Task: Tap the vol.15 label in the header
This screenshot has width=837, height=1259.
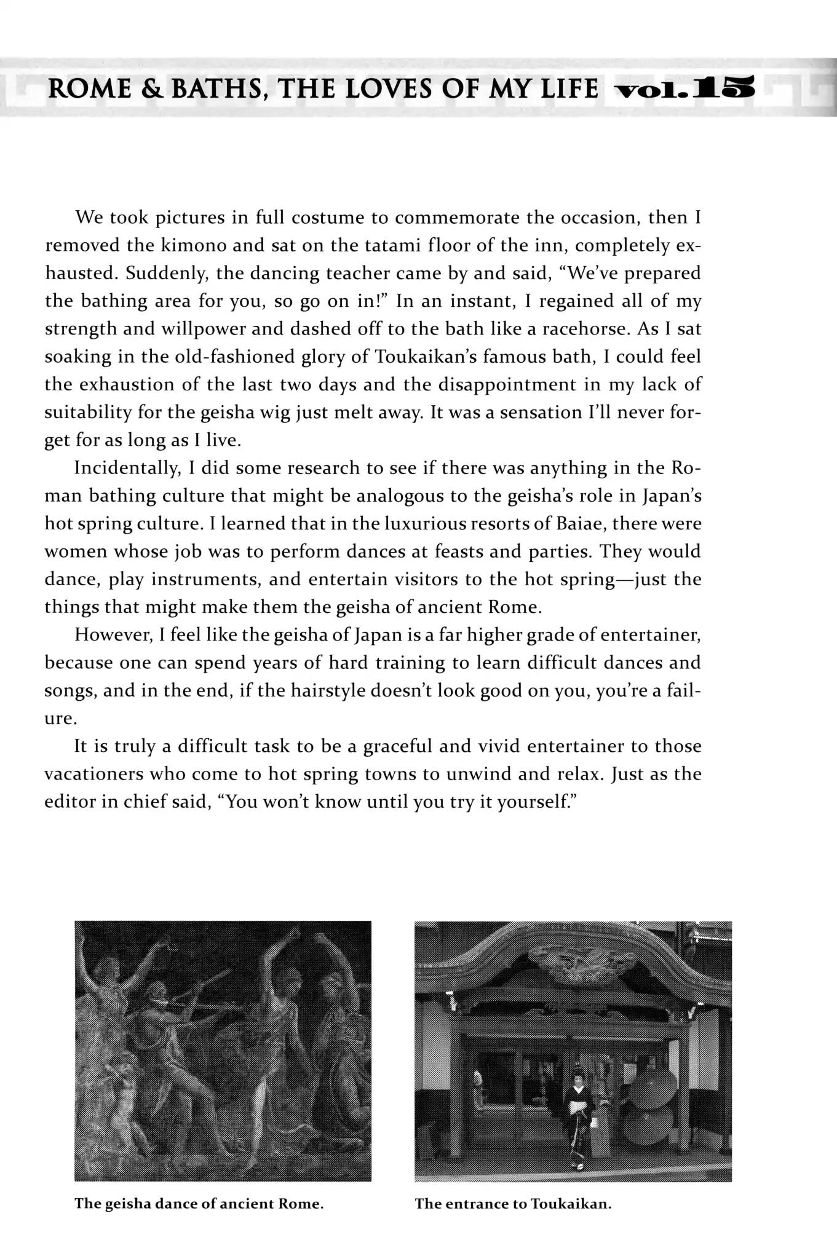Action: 683,90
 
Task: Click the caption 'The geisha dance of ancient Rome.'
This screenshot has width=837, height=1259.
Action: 199,1204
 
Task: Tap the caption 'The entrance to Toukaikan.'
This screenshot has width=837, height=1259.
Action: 513,1204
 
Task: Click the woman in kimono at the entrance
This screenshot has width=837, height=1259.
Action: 578,1124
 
